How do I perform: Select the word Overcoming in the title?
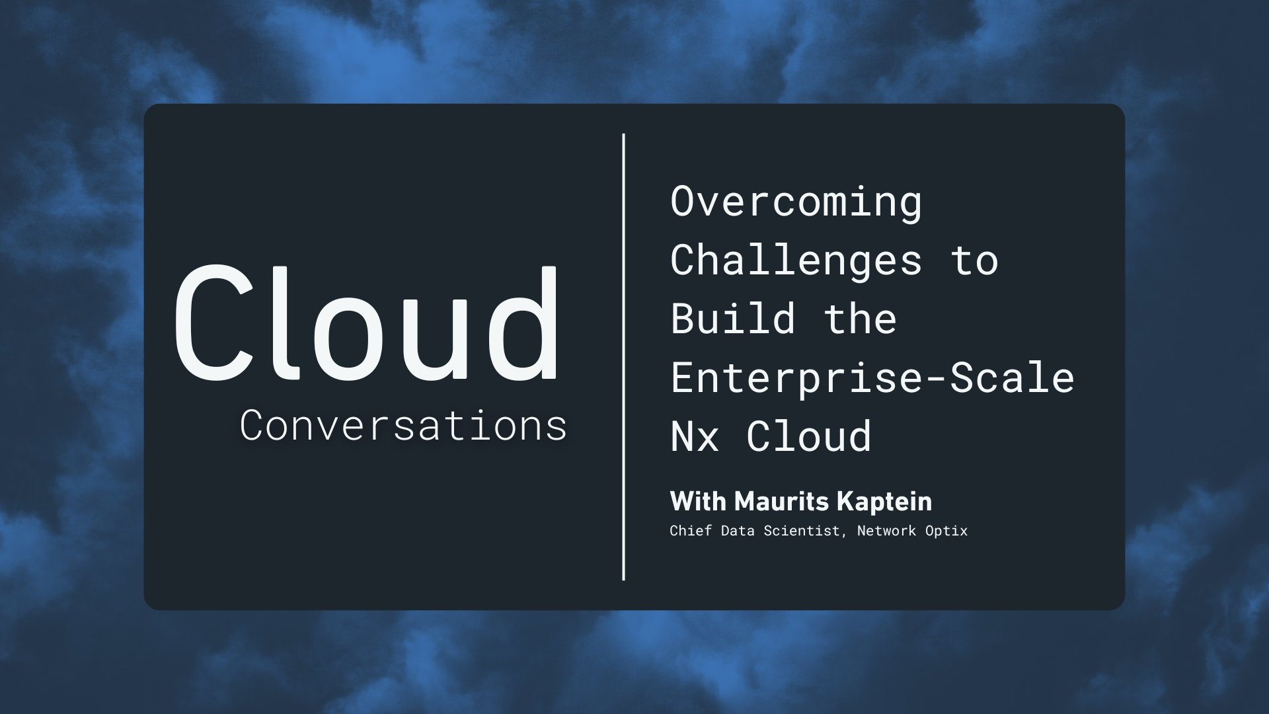pos(796,202)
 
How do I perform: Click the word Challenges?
pos(796,260)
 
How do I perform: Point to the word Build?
pos(732,319)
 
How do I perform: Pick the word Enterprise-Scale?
pos(872,377)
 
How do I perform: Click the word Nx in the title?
pos(694,436)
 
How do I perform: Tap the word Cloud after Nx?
pos(809,436)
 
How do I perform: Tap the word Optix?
pos(946,531)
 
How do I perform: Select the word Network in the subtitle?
pos(886,531)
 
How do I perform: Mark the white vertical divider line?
pos(623,357)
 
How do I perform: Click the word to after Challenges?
pos(974,260)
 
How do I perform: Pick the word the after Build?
pos(860,319)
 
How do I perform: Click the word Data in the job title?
pos(738,531)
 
